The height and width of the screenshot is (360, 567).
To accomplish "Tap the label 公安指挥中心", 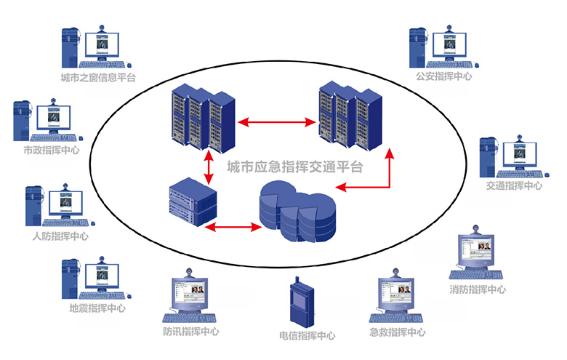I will pyautogui.click(x=443, y=76).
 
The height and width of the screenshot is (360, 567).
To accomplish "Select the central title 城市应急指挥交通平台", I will pyautogui.click(x=294, y=167).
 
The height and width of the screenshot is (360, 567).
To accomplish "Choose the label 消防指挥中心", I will pyautogui.click(x=478, y=289).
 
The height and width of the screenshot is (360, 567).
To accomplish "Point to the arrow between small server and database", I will pyautogui.click(x=233, y=228).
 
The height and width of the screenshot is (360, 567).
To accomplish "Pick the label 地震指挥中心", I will pyautogui.click(x=97, y=308).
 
